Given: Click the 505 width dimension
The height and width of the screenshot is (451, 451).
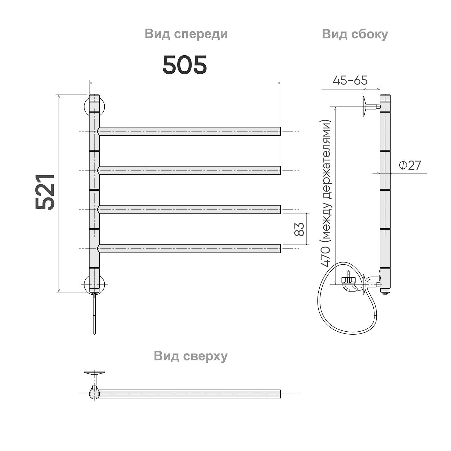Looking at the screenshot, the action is [x=185, y=65].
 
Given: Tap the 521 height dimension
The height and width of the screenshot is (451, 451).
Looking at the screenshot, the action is [x=45, y=192].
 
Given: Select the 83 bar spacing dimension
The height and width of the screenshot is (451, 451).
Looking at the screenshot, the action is [x=299, y=229].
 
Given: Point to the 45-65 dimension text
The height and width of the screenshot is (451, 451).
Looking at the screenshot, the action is [x=350, y=80].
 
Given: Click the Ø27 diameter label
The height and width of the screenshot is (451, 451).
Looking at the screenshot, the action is [x=410, y=165].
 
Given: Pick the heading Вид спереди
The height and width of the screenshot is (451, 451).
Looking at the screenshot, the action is [x=186, y=34].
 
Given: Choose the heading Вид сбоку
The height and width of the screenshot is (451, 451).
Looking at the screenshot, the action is [x=355, y=34].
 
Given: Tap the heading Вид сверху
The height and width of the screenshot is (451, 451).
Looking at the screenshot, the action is [x=191, y=356].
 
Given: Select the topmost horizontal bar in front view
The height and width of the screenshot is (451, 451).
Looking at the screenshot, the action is [x=189, y=131].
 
